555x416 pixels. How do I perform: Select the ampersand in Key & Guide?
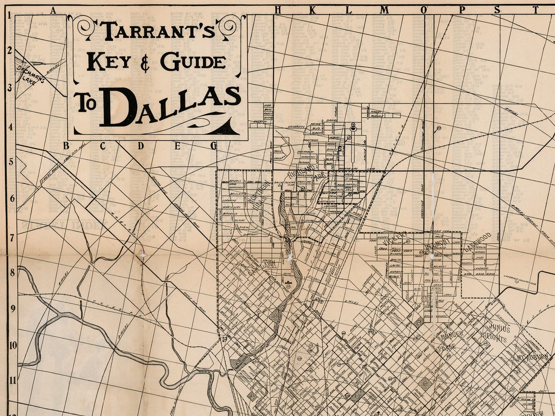(x=146, y=62)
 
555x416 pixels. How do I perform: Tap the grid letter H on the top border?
(x=278, y=10)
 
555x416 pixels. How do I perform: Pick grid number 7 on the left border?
(x=11, y=237)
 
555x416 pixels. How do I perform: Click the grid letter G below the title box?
(x=213, y=145)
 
